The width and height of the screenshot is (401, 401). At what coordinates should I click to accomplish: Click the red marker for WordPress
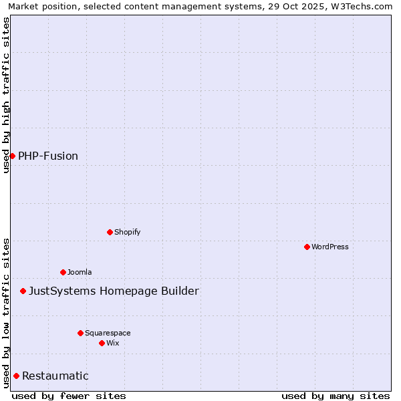[307, 247]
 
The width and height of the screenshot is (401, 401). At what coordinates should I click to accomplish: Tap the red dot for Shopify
[110, 232]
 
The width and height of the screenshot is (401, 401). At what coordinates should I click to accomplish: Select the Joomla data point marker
[63, 272]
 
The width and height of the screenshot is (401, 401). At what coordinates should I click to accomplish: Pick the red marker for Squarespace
[80, 333]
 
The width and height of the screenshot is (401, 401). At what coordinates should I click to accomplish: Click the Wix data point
[102, 343]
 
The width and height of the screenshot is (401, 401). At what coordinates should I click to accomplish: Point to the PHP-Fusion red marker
[12, 156]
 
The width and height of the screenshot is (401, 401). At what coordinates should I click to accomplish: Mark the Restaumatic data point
[16, 376]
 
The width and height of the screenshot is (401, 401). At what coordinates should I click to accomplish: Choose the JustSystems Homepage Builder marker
[23, 291]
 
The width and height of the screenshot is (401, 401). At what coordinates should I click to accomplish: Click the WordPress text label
[330, 247]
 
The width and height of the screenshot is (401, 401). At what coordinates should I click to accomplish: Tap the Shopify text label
[128, 232]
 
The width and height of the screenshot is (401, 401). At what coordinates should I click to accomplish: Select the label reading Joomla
[80, 272]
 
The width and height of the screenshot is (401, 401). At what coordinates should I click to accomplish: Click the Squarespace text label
[108, 333]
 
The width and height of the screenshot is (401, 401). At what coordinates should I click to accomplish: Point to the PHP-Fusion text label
[48, 156]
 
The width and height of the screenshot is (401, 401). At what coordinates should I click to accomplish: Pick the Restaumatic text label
[55, 376]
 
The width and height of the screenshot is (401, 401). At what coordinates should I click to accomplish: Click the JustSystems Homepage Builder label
[114, 291]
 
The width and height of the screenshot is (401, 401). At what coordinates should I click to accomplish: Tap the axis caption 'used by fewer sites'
[69, 396]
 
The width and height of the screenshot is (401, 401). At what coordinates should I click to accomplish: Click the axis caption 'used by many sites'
[336, 396]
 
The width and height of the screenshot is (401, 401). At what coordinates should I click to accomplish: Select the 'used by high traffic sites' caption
[6, 95]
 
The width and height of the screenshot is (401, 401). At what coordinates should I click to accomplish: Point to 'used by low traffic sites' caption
[6, 313]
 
